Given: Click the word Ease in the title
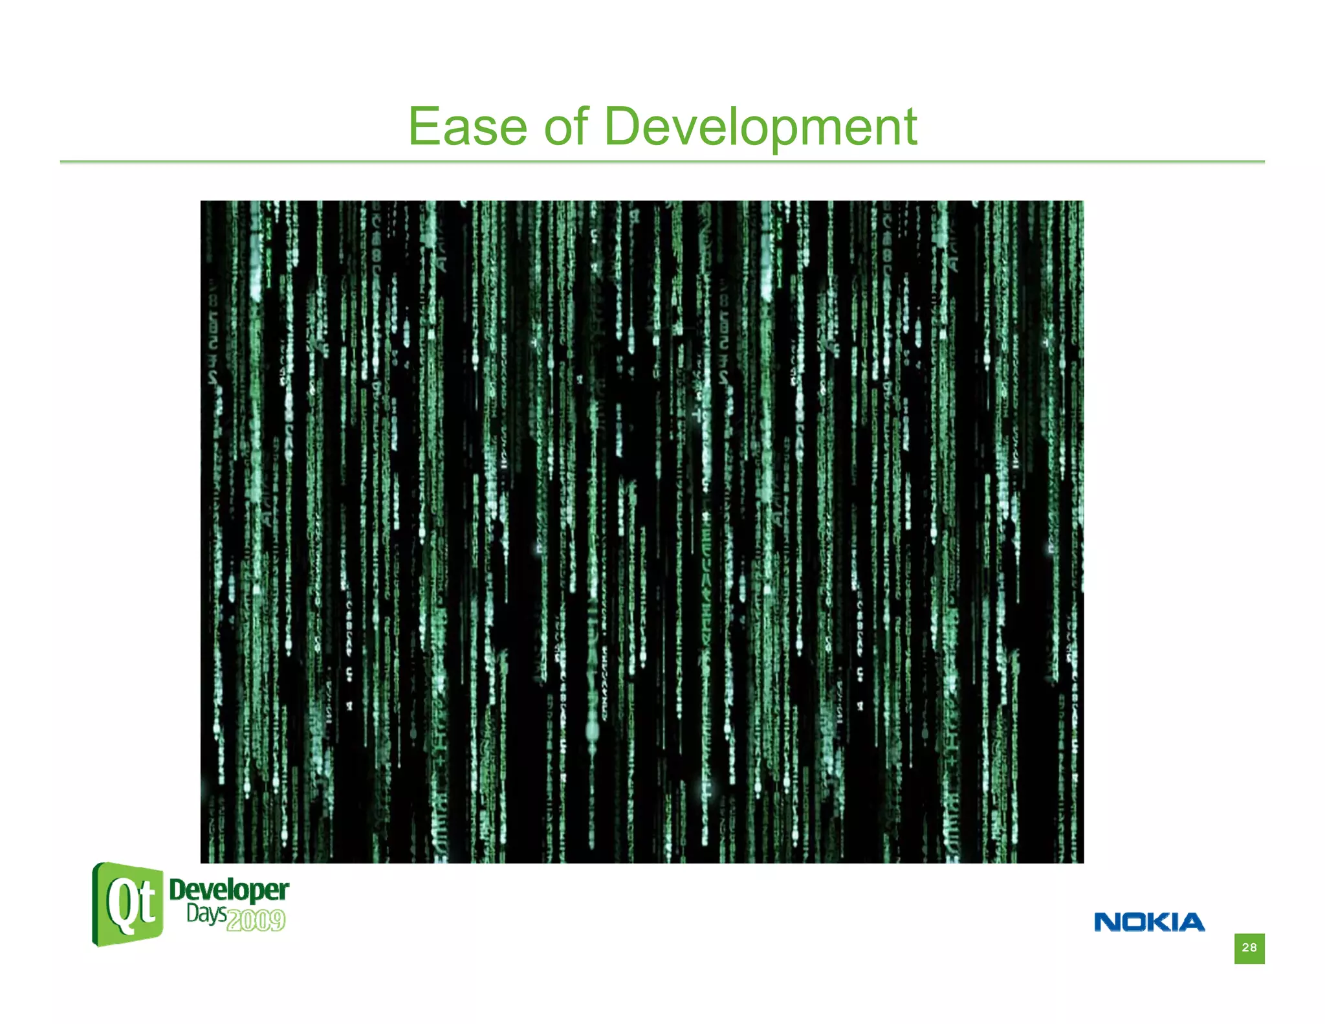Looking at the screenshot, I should [x=468, y=127].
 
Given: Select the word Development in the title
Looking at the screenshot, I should [x=760, y=127].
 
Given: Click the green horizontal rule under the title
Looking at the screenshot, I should [x=662, y=161].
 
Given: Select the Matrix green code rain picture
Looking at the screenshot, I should [x=642, y=531].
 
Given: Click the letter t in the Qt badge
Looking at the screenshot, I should [x=147, y=903].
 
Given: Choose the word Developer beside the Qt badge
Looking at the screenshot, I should [x=228, y=890].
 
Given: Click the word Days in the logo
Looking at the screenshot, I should [x=206, y=914].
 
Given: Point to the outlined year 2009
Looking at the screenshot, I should [x=256, y=920].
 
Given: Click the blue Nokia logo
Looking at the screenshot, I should [x=1149, y=922].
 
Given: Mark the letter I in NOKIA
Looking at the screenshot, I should [x=1174, y=922].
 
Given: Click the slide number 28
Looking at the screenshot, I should [x=1249, y=948].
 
